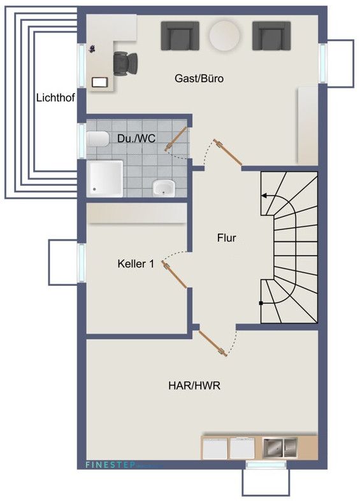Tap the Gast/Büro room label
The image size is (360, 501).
point(199,79)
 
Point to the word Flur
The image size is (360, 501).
point(226,239)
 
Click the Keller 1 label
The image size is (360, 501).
point(136,264)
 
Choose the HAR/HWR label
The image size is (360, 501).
point(194,386)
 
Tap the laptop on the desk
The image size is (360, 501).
point(101,81)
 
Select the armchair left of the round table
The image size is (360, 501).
point(179,36)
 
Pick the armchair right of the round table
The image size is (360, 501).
point(271,36)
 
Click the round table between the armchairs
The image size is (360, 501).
point(225,35)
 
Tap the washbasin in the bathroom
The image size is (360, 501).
point(164,188)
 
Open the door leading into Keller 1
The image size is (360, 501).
point(175,274)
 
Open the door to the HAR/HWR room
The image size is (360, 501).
point(212,342)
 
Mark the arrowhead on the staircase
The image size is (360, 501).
point(263,197)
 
